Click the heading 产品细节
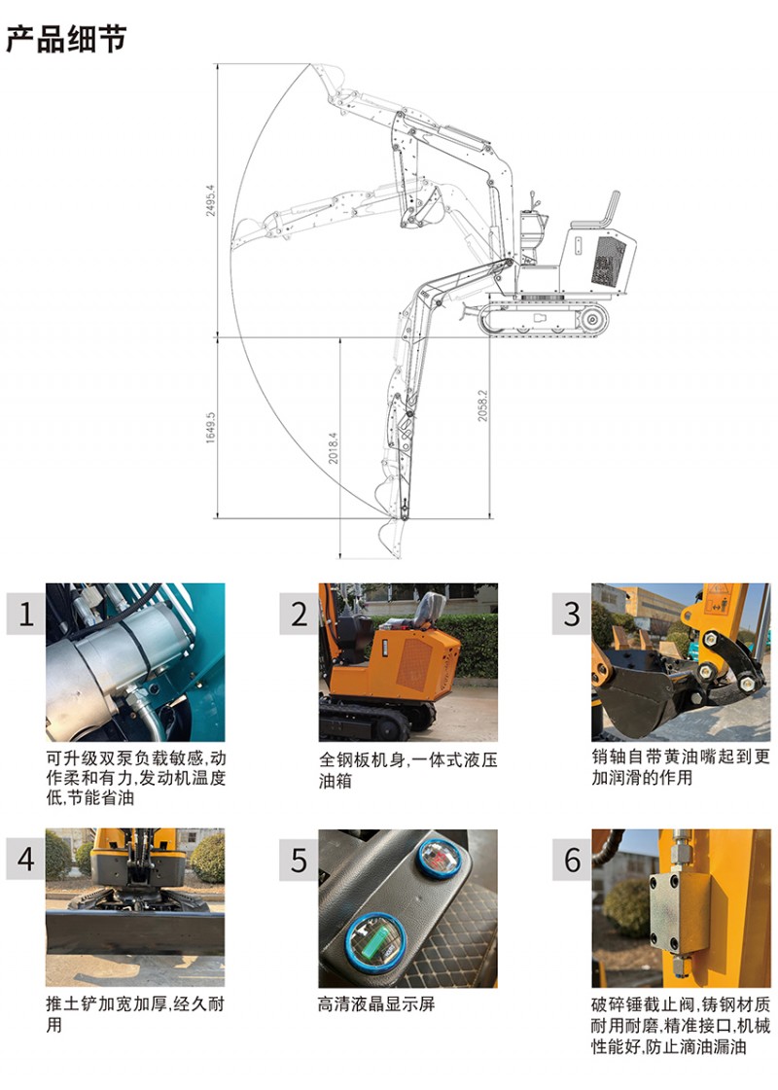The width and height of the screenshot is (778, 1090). click(x=66, y=38)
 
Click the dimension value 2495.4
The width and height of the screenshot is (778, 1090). click(x=211, y=200)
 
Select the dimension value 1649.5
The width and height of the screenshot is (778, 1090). click(x=211, y=428)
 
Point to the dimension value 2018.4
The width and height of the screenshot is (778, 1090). click(x=334, y=447)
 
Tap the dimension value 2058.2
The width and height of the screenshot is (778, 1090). click(x=482, y=405)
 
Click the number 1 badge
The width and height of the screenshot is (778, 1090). click(x=25, y=614)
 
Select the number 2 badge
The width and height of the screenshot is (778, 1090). click(x=299, y=614)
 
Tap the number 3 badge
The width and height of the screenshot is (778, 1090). click(x=572, y=614)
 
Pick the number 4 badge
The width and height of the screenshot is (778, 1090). click(x=25, y=860)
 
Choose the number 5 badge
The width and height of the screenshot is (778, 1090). click(x=299, y=861)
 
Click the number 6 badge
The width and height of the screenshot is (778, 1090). click(x=572, y=860)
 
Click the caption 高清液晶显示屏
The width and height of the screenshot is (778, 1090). click(x=376, y=1003)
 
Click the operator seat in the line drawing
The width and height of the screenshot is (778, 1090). click(x=596, y=211)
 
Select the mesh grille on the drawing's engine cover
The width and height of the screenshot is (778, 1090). click(x=609, y=260)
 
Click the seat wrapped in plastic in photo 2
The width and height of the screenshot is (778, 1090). click(x=427, y=612)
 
